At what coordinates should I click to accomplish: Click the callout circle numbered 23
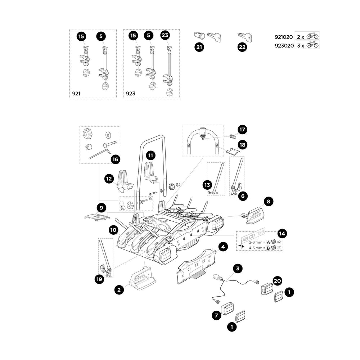(x=165, y=36)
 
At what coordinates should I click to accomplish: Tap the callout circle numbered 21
(x=199, y=47)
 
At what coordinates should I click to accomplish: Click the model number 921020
(x=284, y=37)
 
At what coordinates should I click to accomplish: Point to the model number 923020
(x=284, y=45)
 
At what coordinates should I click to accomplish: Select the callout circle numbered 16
(x=115, y=159)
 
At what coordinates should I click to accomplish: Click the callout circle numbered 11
(x=150, y=156)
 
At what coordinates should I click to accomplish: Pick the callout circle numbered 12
(x=109, y=178)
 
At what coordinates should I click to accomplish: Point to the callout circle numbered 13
(x=207, y=185)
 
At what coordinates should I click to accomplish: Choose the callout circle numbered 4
(x=223, y=247)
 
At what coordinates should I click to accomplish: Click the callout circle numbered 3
(x=237, y=268)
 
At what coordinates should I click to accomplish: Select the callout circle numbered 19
(x=99, y=279)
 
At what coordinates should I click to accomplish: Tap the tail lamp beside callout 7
(x=228, y=308)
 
